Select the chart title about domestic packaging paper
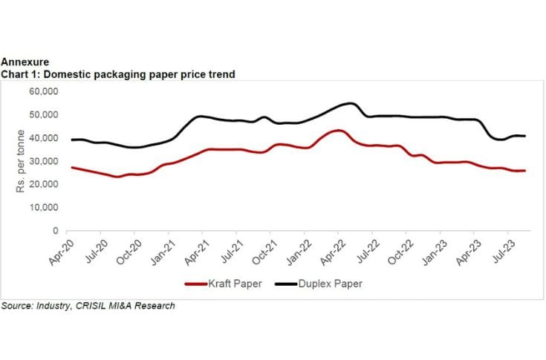(119, 74)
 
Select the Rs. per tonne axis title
(21, 161)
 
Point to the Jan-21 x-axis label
(163, 250)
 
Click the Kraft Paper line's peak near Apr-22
(338, 131)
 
